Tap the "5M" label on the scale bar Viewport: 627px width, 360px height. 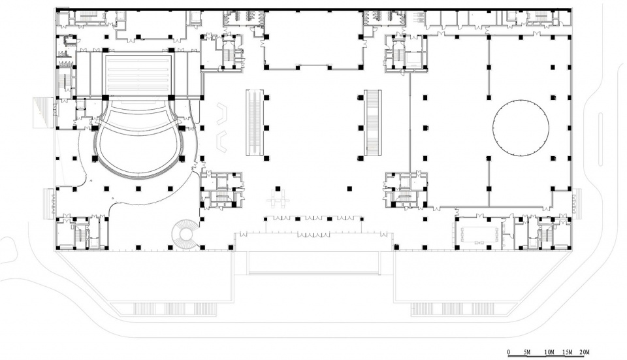[x=526, y=352]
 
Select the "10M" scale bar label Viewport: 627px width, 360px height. [x=549, y=352]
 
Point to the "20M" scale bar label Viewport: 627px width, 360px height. [x=584, y=352]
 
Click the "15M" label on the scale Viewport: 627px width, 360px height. [x=568, y=352]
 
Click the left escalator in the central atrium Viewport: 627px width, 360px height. [x=255, y=122]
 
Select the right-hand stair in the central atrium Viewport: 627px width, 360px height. [x=372, y=122]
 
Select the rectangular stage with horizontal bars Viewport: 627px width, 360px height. [x=138, y=74]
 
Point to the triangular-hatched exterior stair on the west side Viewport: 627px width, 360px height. [x=42, y=113]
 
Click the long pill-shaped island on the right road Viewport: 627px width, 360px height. [x=601, y=139]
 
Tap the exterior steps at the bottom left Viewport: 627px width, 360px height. [x=164, y=309]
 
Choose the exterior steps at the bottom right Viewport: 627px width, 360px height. [x=464, y=309]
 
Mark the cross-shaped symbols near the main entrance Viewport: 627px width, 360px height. [x=279, y=198]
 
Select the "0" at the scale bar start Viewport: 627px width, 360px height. [x=509, y=352]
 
